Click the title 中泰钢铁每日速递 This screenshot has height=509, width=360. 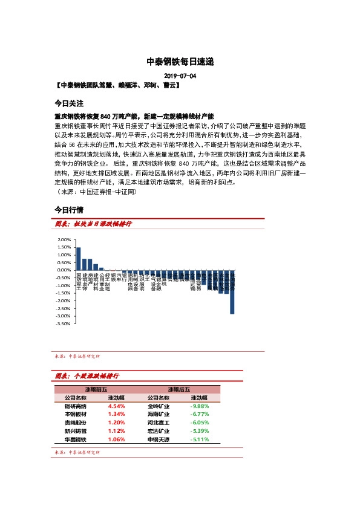click(180, 62)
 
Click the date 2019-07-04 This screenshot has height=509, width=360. click(180, 76)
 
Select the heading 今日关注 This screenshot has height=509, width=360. click(68, 104)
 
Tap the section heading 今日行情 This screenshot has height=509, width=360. click(68, 210)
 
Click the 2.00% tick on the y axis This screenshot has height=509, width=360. click(64, 240)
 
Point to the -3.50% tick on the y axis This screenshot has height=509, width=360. click(63, 324)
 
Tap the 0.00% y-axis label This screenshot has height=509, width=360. click(64, 270)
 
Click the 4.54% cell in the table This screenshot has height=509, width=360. click(116, 406)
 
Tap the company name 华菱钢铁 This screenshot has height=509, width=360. click(76, 439)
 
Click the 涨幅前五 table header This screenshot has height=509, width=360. click(96, 389)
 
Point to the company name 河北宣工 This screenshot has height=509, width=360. click(159, 423)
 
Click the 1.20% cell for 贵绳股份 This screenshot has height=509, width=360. click(116, 423)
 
